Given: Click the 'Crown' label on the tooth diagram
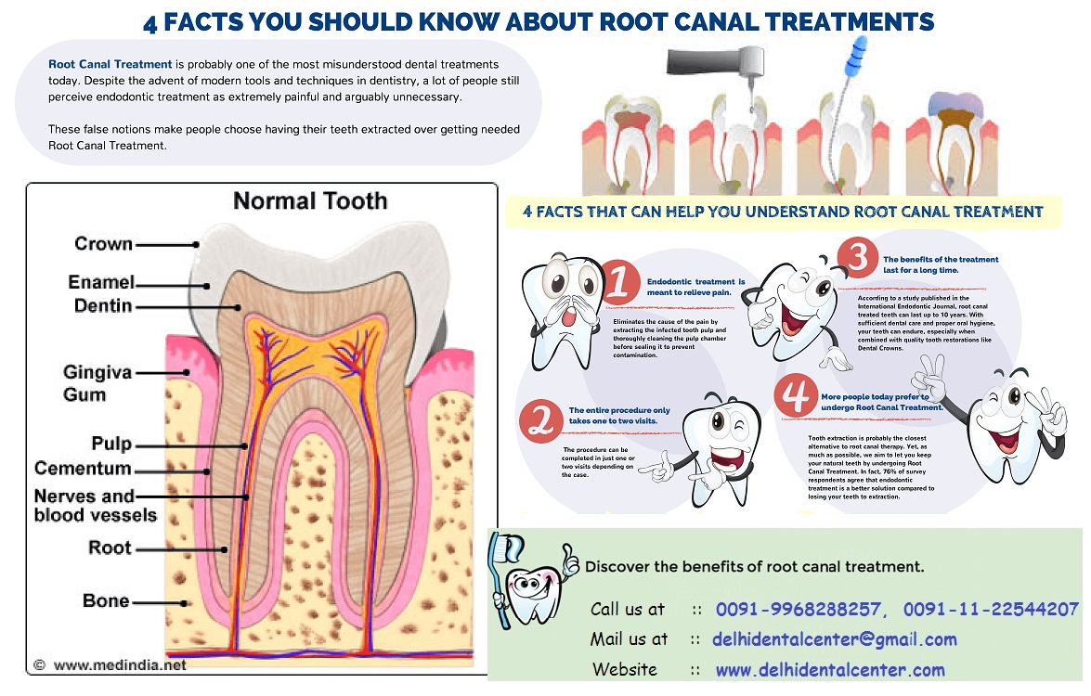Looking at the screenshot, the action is (x=103, y=245).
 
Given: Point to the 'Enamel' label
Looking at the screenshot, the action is (x=101, y=282).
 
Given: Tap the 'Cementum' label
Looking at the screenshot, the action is (x=83, y=469).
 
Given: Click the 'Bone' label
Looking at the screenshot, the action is (x=106, y=600).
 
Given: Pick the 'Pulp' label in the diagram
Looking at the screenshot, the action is (x=111, y=444).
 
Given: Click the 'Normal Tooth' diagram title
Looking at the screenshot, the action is (x=310, y=200).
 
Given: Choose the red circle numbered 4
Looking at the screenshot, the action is (x=796, y=395).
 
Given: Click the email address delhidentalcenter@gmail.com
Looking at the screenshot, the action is (x=834, y=639).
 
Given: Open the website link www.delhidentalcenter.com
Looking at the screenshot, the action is (x=830, y=670).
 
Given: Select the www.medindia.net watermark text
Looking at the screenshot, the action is (x=120, y=664).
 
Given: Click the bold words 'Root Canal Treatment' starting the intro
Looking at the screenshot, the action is (x=110, y=64).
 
